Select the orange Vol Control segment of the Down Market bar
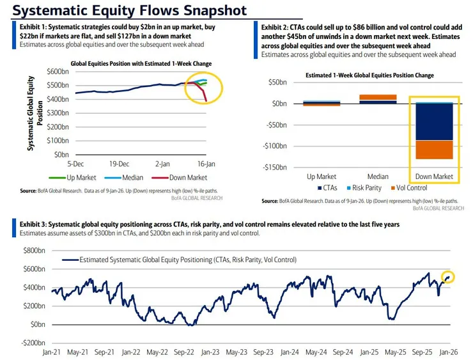point(434,150)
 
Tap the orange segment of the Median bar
point(369,98)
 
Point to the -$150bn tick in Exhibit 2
point(275,168)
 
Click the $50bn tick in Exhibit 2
point(279,82)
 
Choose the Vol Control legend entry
point(410,187)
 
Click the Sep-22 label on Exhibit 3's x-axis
point(184,352)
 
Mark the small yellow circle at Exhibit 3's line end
point(448,277)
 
